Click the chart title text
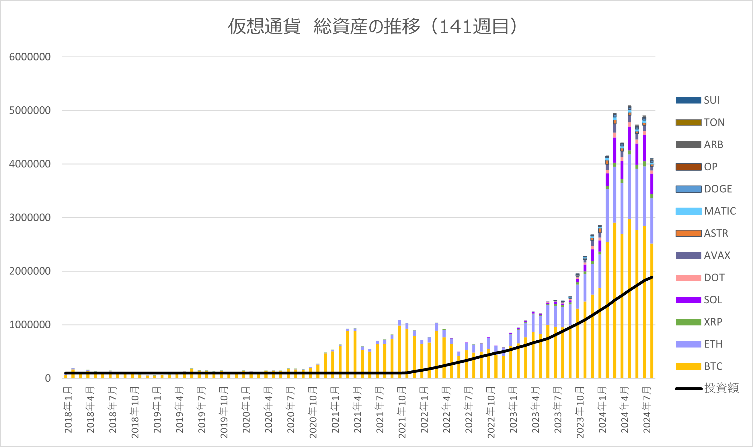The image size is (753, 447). pos(372,26)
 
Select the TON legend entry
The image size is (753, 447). pos(700,122)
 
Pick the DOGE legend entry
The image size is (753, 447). pos(704,189)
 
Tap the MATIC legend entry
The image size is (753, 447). pos(706,211)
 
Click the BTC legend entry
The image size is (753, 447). pos(699,366)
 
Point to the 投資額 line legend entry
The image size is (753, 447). pos(707,388)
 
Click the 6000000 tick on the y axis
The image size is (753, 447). pos(30,57)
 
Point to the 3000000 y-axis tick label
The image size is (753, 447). pos(30,217)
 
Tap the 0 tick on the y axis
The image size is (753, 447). pos(48,378)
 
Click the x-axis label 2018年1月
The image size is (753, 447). pos(68,410)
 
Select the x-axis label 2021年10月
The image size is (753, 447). pos(402,412)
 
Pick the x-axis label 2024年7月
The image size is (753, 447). pos(647,410)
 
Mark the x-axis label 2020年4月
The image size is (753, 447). pos(268,410)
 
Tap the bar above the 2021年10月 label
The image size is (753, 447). pos(399,349)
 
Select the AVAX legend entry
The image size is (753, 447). pos(703,255)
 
